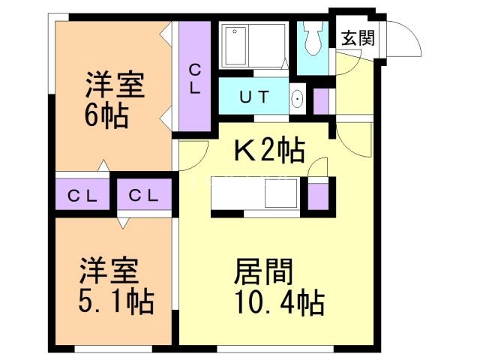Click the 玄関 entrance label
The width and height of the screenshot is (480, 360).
(x=358, y=37)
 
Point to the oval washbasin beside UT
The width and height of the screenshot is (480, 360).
(x=297, y=97)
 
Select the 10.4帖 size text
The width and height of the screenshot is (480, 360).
(x=279, y=304)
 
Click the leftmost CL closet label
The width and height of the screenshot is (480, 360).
(x=82, y=196)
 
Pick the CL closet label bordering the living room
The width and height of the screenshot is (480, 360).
(x=142, y=196)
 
